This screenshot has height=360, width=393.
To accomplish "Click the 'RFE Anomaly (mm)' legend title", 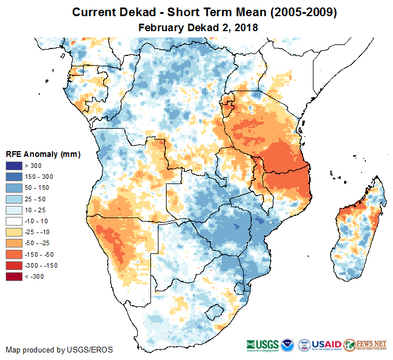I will point(43,155).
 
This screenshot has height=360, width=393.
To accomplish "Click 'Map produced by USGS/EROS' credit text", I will point(59,350).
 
